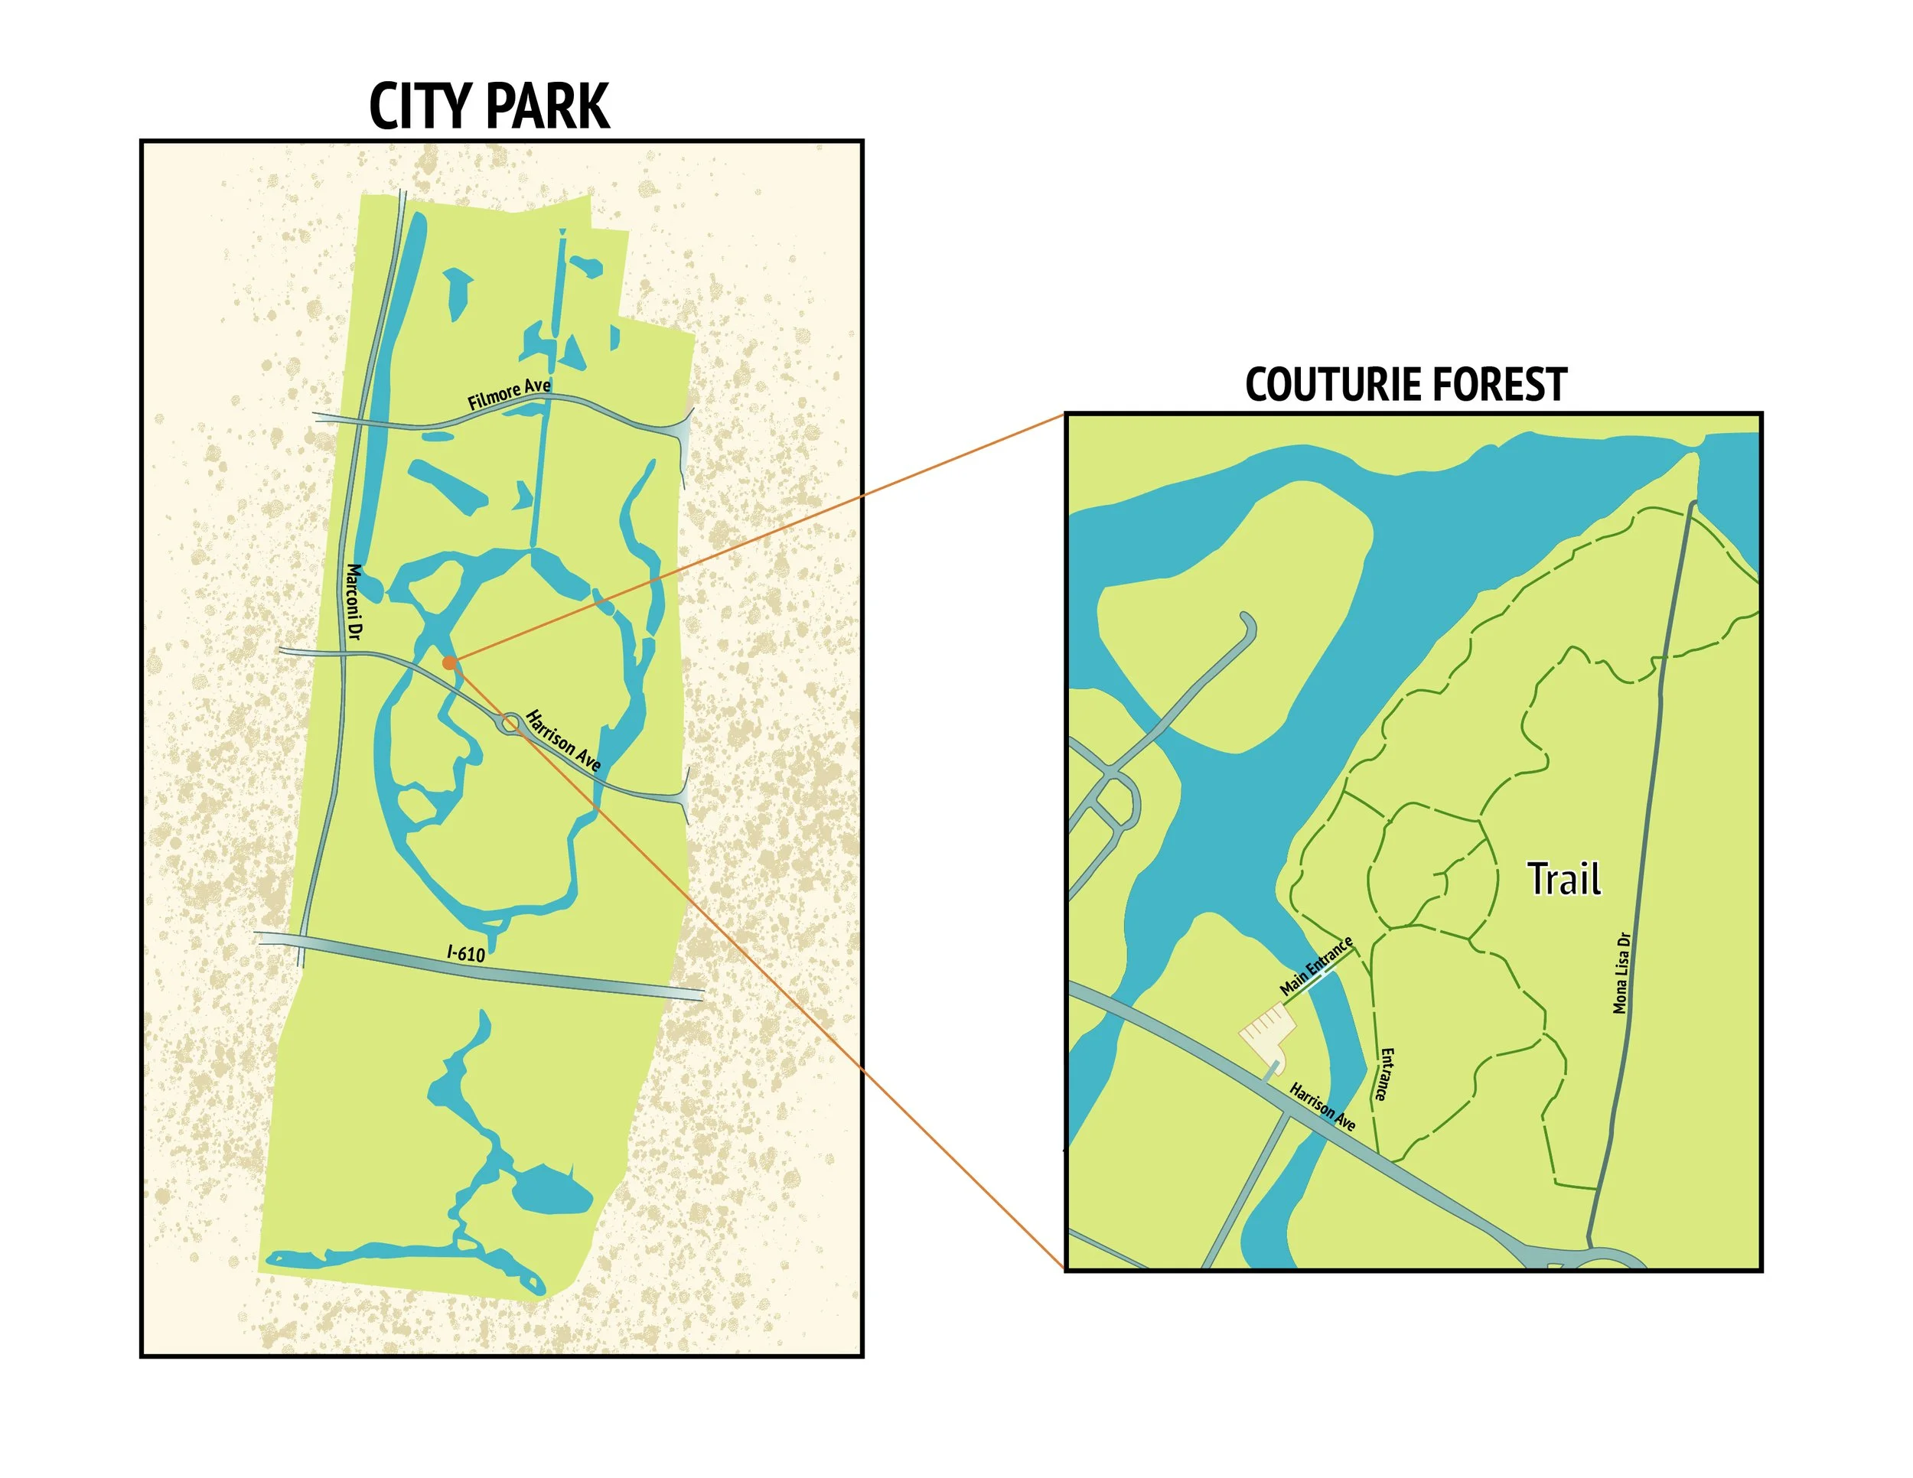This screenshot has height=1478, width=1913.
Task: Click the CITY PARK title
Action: point(489,107)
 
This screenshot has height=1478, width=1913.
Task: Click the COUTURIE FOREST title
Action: point(1406,386)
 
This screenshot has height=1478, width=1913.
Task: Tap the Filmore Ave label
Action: point(509,395)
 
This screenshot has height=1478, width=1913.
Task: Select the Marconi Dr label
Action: point(354,601)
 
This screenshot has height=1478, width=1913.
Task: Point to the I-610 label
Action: point(466,952)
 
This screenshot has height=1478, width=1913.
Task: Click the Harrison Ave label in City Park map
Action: point(563,741)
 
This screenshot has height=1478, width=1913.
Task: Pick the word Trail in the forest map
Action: point(1564,878)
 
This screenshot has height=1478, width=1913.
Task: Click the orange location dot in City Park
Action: point(448,662)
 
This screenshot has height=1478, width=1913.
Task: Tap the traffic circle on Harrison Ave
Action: point(509,723)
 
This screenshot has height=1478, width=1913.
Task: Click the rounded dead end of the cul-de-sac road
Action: point(1247,623)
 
